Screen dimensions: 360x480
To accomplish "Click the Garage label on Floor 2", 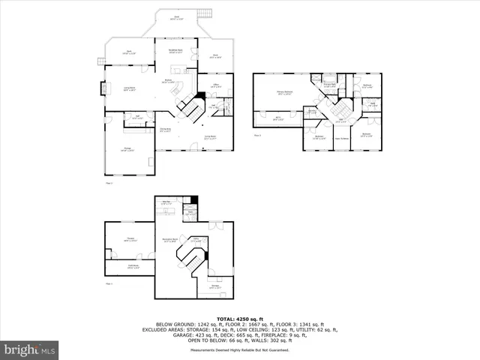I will click(x=128, y=149).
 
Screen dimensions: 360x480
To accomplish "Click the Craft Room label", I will click(x=133, y=266).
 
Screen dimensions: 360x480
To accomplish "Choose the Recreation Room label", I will click(x=170, y=240).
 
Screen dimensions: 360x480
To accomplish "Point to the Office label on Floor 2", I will click(x=215, y=85).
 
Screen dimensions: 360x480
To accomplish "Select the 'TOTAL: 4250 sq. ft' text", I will click(x=239, y=319).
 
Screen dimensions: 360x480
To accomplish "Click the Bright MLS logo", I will click(x=30, y=349).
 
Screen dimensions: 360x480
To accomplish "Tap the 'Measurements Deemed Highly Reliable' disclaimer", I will click(x=240, y=349).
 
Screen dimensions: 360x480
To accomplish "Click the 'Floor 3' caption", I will click(x=257, y=136).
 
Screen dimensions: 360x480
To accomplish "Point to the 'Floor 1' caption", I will click(x=109, y=283).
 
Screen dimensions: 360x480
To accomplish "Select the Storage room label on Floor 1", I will click(x=214, y=286).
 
